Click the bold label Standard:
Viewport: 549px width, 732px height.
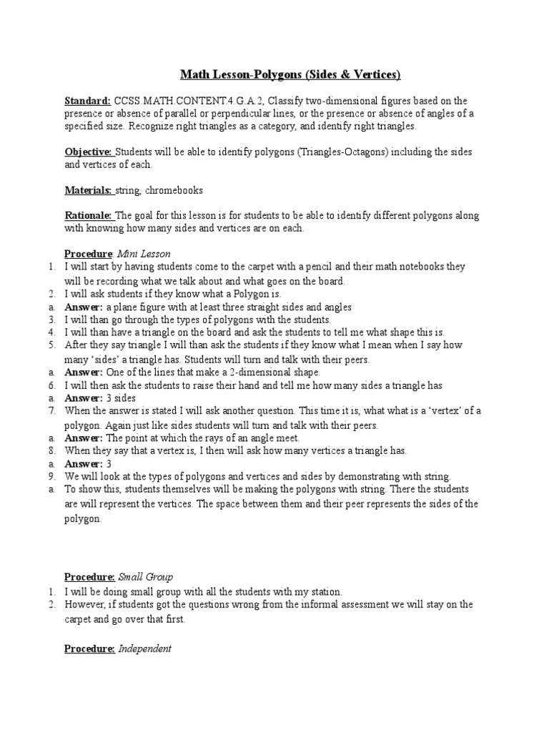[x=87, y=101]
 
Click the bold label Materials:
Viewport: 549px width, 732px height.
[x=89, y=190]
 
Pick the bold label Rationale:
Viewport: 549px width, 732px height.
[x=89, y=215]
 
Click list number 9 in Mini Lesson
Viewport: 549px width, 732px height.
[x=52, y=476]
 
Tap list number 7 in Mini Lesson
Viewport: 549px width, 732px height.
[x=52, y=411]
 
